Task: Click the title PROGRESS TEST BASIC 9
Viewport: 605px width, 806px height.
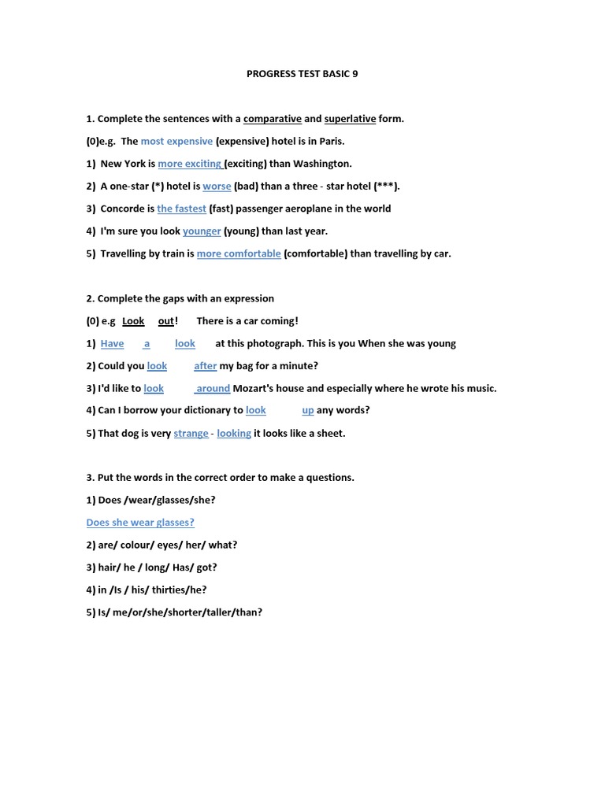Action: pyautogui.click(x=302, y=74)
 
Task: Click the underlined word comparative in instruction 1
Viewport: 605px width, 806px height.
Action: pyautogui.click(x=273, y=119)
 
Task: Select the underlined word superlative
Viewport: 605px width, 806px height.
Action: pyautogui.click(x=350, y=119)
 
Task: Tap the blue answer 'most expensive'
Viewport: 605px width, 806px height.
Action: pyautogui.click(x=176, y=142)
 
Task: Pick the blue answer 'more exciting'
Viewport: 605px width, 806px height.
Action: pyautogui.click(x=190, y=164)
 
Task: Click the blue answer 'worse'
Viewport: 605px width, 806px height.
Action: pyautogui.click(x=217, y=187)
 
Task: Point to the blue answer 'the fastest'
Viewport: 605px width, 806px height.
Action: pyautogui.click(x=181, y=209)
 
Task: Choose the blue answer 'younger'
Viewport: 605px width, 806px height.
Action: pyautogui.click(x=202, y=231)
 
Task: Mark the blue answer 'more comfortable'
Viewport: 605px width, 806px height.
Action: pyautogui.click(x=239, y=253)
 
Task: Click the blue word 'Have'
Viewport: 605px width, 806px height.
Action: pyautogui.click(x=112, y=343)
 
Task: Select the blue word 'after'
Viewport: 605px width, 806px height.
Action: pyautogui.click(x=205, y=366)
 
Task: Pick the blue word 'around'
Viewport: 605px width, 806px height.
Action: pyautogui.click(x=213, y=388)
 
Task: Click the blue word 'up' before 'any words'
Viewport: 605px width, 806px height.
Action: pyautogui.click(x=308, y=410)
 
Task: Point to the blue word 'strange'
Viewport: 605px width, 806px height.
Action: pyautogui.click(x=191, y=433)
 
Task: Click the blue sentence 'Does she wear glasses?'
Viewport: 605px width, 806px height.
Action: pyautogui.click(x=140, y=523)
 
